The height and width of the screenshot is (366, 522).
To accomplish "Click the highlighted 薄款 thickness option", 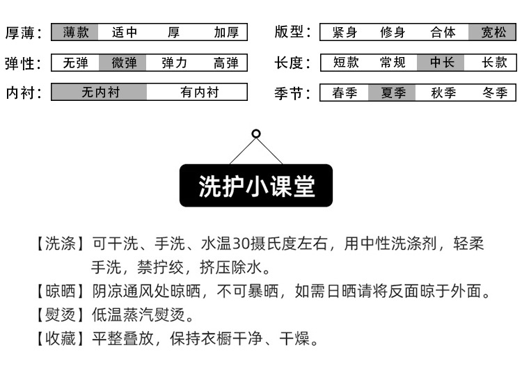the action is click(x=76, y=32).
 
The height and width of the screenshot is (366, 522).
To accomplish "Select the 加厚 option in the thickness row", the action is click(x=226, y=32).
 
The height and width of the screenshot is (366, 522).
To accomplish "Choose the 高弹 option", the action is click(x=226, y=63).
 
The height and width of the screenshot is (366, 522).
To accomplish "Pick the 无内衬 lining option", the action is click(x=100, y=93).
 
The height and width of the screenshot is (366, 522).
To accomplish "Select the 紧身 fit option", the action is click(x=345, y=32).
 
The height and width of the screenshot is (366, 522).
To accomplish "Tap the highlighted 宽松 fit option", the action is click(x=493, y=32).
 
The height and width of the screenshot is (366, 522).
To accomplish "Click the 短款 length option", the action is click(x=345, y=63).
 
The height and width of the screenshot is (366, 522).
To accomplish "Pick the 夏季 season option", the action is click(x=393, y=93).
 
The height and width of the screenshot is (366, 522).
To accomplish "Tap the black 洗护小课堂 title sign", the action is click(x=256, y=186).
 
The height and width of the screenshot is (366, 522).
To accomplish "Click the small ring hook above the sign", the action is click(x=256, y=134).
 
